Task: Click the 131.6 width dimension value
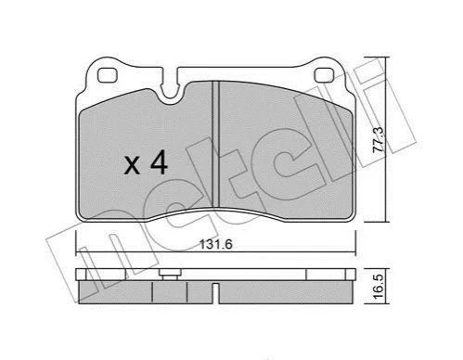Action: [215, 245]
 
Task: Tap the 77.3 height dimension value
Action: [379, 139]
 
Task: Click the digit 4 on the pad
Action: [159, 164]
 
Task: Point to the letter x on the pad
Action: [132, 166]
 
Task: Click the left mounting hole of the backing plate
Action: [107, 75]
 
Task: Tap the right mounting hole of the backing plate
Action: [324, 75]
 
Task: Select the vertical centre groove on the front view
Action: [216, 144]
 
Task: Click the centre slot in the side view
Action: [216, 293]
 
